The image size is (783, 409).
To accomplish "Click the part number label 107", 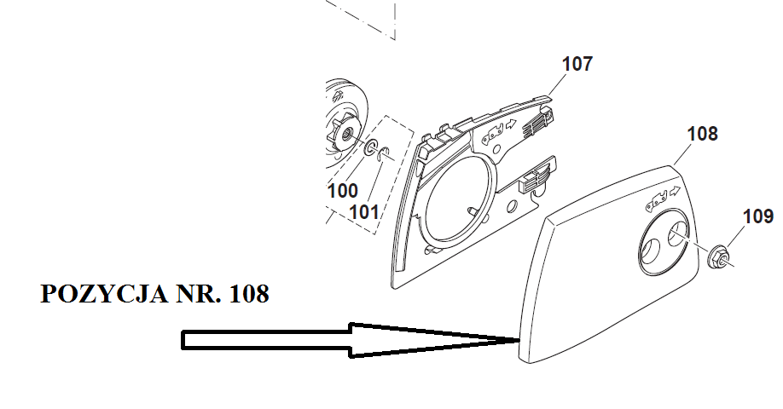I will [x=577, y=64].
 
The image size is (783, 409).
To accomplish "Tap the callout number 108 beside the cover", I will [x=702, y=134].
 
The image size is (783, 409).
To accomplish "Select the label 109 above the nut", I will [x=757, y=216].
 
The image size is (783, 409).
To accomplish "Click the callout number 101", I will [x=364, y=210].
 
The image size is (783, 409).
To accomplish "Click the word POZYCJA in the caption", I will [x=90, y=295].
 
